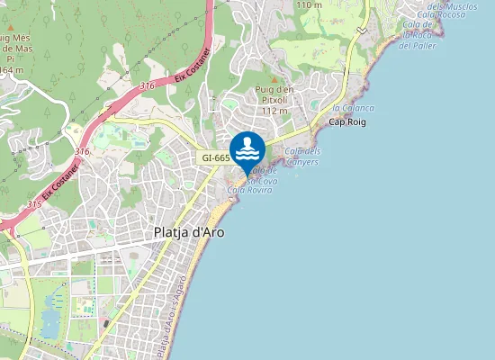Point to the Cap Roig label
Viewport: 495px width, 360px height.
click(347, 121)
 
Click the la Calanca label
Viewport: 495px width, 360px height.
click(353, 108)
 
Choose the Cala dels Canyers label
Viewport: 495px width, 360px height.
click(302, 156)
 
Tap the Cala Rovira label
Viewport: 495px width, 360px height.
click(250, 190)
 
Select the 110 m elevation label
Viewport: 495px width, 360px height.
click(309, 4)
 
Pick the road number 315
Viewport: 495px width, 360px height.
click(34, 204)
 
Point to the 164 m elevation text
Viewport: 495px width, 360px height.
click(12, 69)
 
